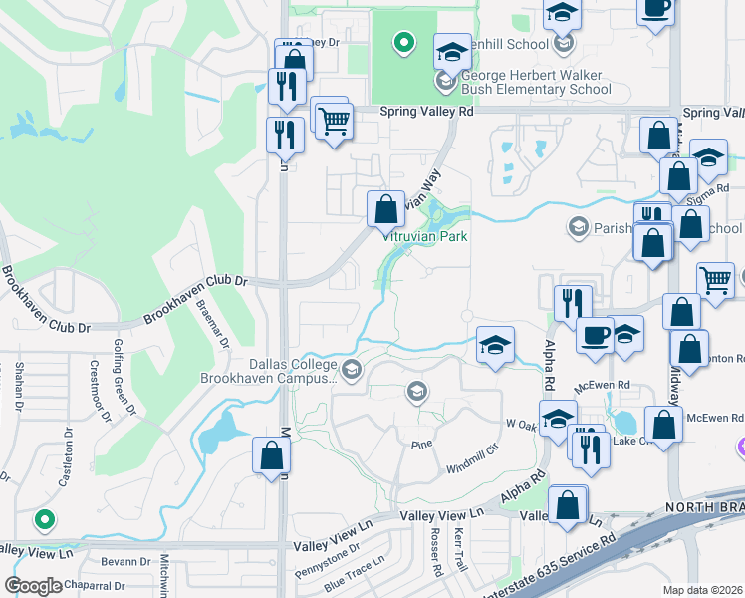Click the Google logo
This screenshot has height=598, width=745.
pyautogui.click(x=33, y=586)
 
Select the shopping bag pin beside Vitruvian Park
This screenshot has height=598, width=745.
pyautogui.click(x=385, y=210)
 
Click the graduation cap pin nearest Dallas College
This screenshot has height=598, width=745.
pyautogui.click(x=495, y=345)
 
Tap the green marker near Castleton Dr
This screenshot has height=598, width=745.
pyautogui.click(x=43, y=519)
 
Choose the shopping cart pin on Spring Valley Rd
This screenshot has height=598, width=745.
pyautogui.click(x=334, y=121)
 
